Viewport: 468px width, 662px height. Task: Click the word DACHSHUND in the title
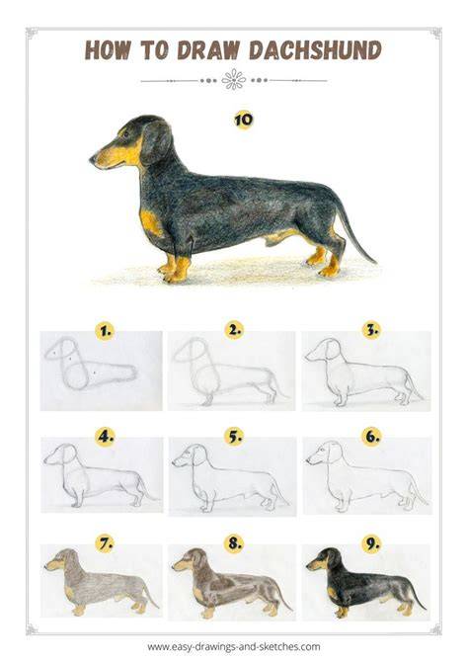point(315,50)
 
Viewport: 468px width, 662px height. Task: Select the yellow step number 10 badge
point(243,120)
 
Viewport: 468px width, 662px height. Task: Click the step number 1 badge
point(105,331)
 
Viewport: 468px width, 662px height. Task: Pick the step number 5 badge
point(233,436)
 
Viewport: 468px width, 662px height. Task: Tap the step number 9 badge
point(371,543)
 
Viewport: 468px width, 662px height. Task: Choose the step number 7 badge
point(105,543)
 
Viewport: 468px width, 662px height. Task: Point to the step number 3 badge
point(371,330)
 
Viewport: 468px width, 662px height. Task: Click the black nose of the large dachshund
point(92,159)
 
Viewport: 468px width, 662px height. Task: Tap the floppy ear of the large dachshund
point(156,142)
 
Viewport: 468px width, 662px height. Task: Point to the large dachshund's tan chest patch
point(151,222)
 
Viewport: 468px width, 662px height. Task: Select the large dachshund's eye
point(125,134)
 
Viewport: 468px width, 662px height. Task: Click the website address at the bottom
point(233,646)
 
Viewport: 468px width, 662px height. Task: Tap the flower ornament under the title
point(233,80)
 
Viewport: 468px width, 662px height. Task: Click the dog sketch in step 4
point(101,474)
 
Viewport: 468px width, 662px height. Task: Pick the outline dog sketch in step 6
point(366,476)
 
